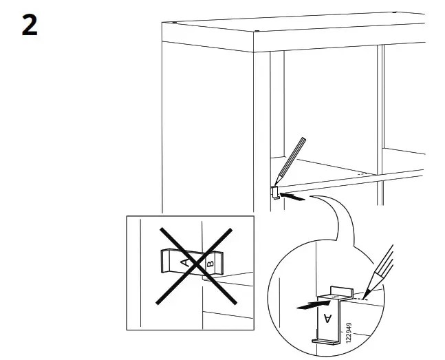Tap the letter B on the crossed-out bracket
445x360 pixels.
tap(211, 262)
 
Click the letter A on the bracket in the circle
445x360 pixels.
tap(327, 317)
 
